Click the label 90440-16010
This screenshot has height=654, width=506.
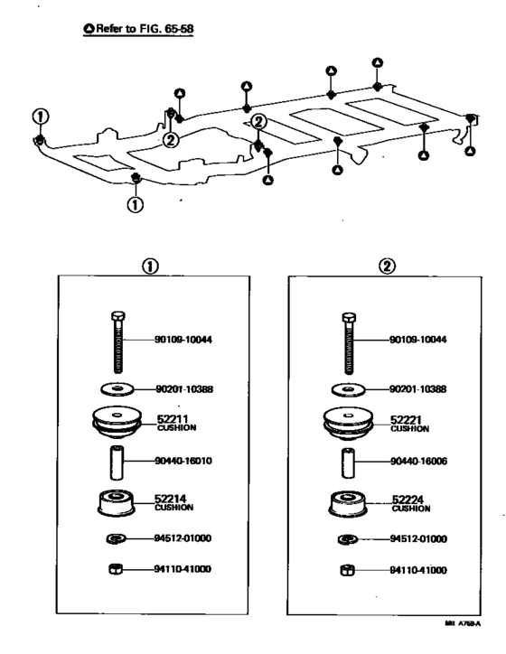click(x=185, y=460)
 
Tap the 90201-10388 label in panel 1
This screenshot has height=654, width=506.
click(x=185, y=388)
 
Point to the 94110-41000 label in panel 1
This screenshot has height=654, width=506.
click(x=185, y=570)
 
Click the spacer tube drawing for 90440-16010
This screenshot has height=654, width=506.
click(x=116, y=461)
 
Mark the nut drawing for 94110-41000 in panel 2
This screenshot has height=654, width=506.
click(x=347, y=570)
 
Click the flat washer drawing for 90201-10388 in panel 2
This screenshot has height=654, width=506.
click(x=348, y=388)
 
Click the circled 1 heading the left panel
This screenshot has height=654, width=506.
click(x=150, y=267)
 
